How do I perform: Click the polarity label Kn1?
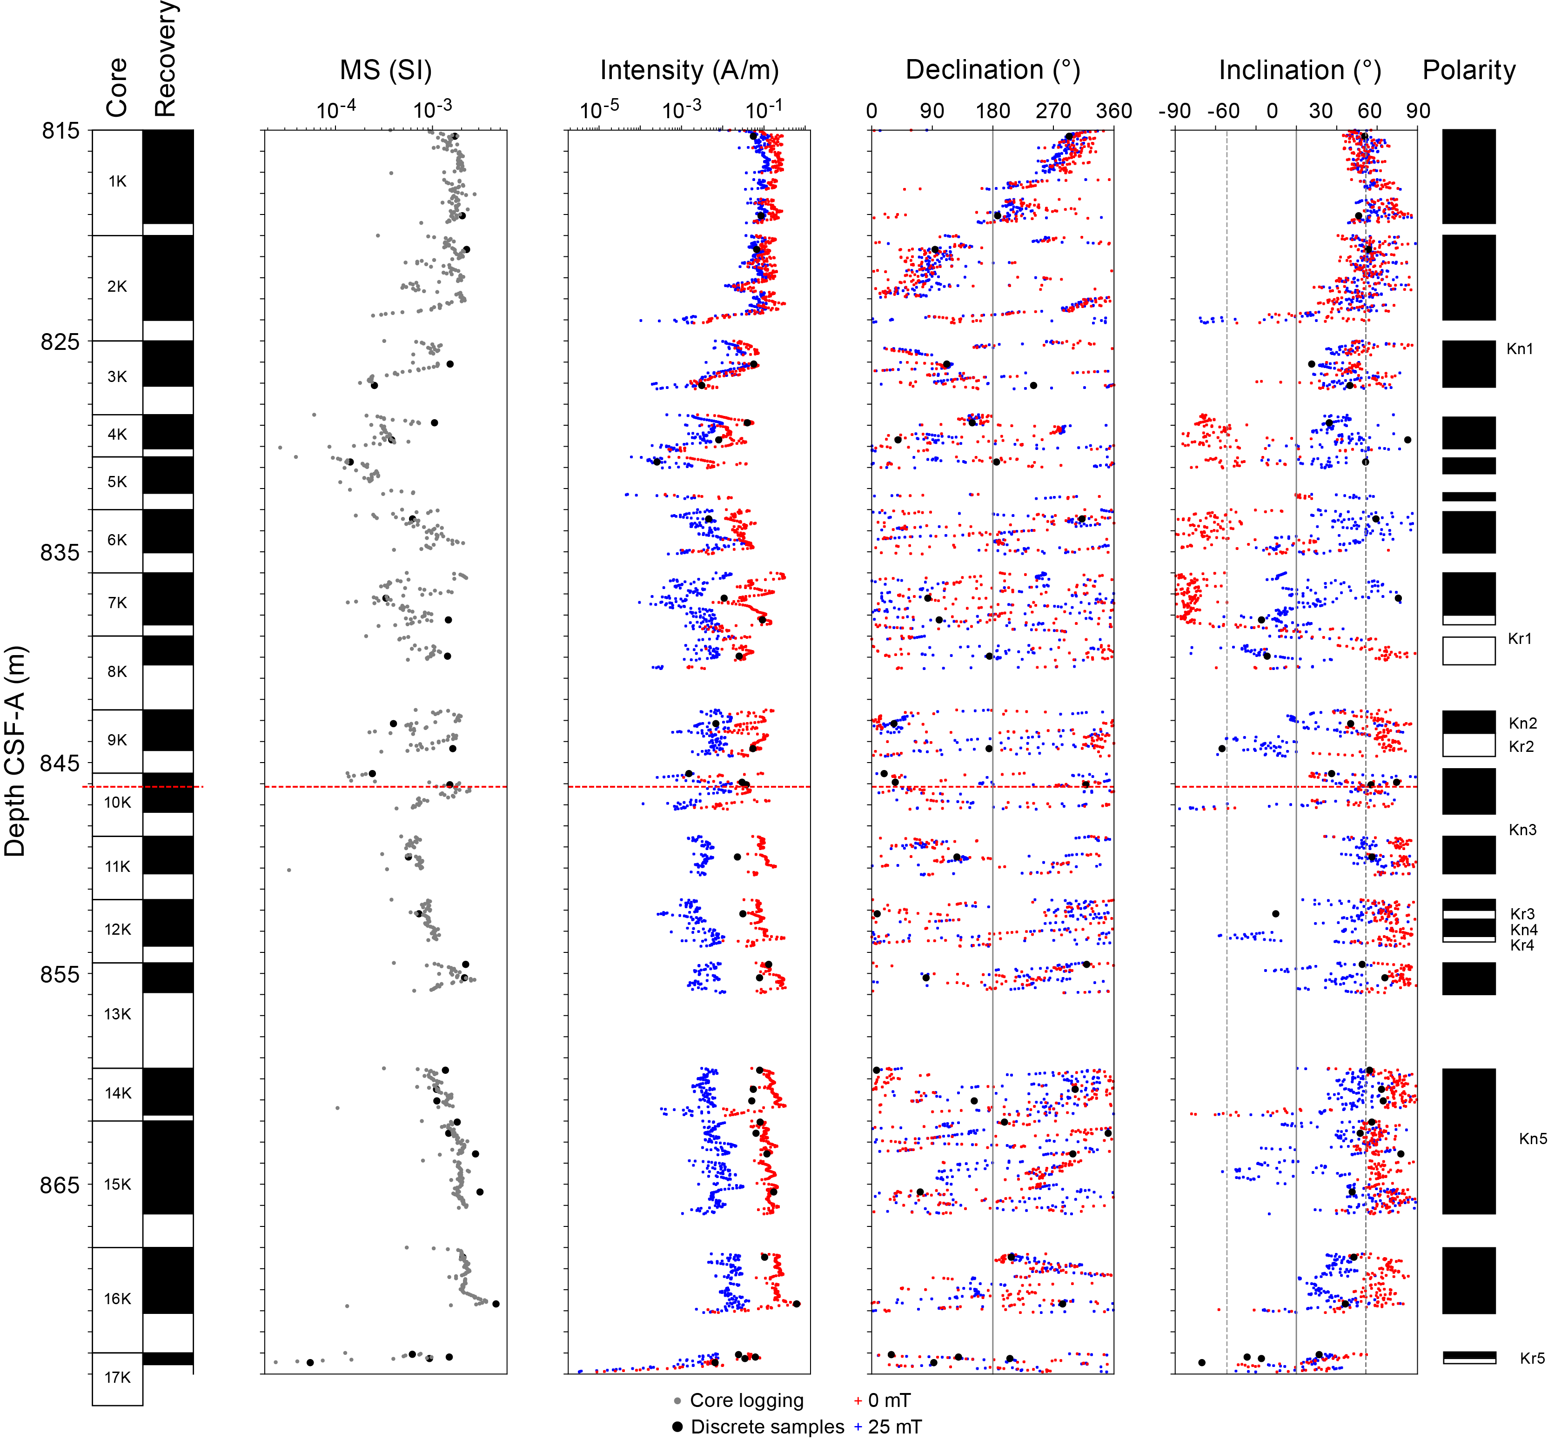1519,349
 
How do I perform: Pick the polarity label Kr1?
1519,639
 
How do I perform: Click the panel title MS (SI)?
385,70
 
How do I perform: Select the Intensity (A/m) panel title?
689,70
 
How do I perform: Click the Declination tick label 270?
1053,111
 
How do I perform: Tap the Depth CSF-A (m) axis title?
15,751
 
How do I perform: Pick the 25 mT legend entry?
888,1427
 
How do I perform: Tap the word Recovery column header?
165,59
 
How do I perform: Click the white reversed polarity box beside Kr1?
1468,651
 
